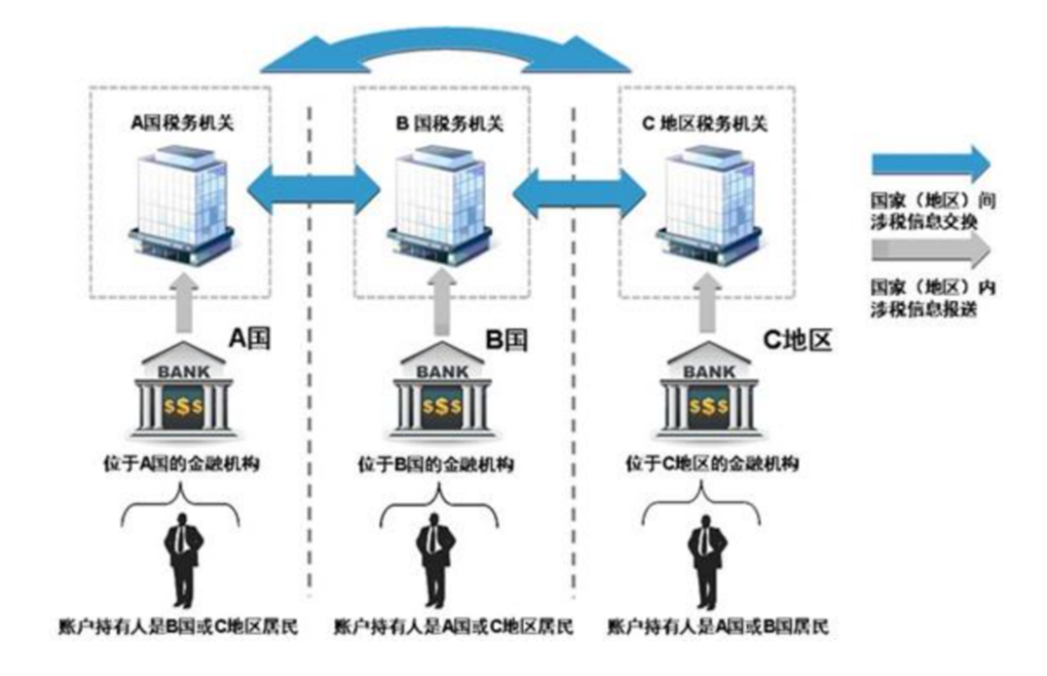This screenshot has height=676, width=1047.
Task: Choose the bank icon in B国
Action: [x=442, y=394]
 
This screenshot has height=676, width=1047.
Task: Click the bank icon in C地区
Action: [x=708, y=394]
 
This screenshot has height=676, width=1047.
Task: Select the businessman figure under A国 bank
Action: [x=181, y=559]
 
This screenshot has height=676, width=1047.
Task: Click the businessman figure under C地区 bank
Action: [x=705, y=559]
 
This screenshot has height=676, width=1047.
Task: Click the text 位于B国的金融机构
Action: [x=442, y=464]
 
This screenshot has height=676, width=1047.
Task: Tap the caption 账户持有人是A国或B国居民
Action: [x=716, y=626]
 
